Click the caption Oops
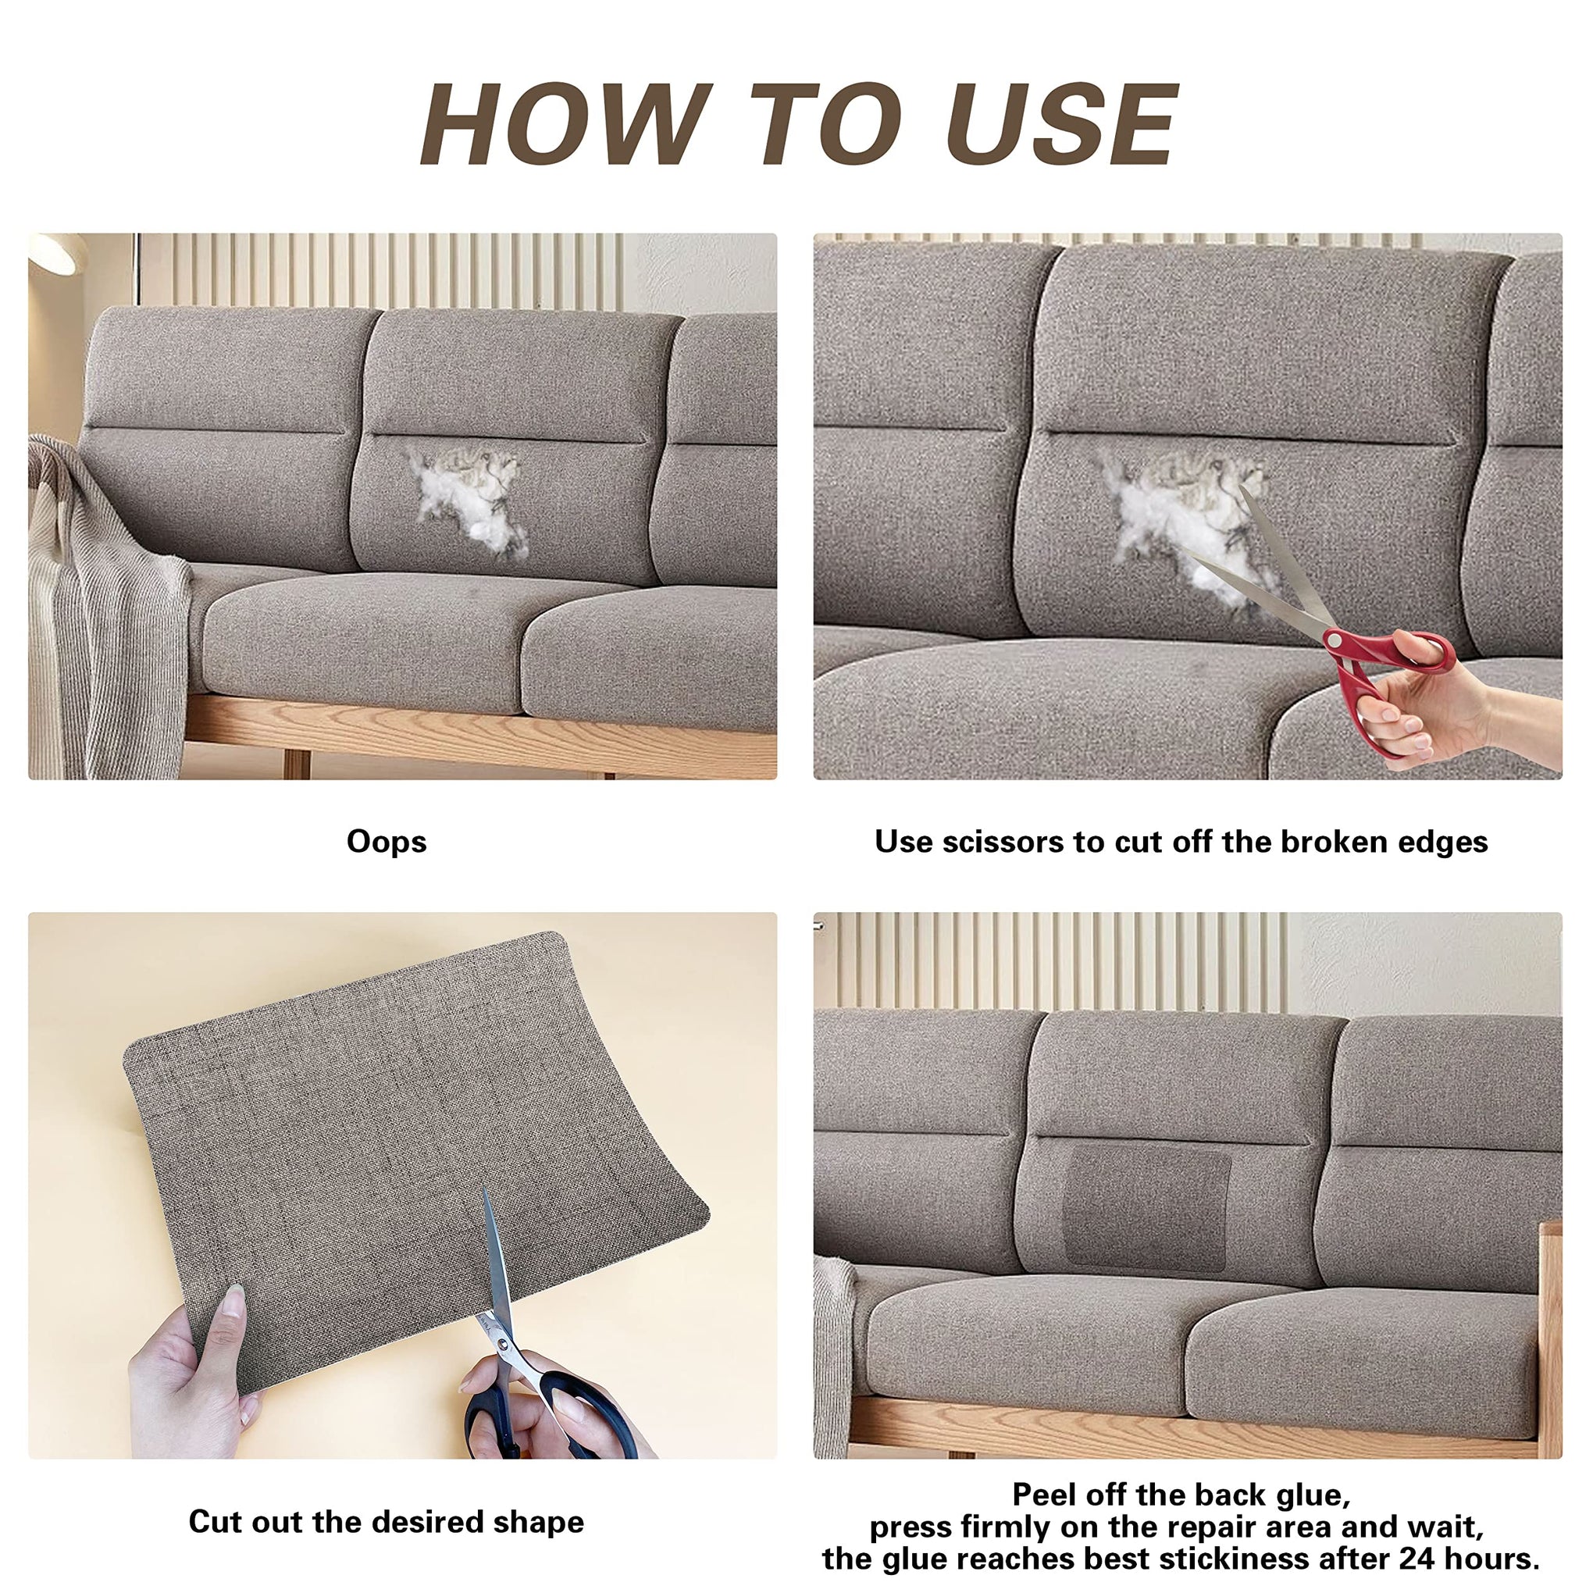(387, 842)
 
